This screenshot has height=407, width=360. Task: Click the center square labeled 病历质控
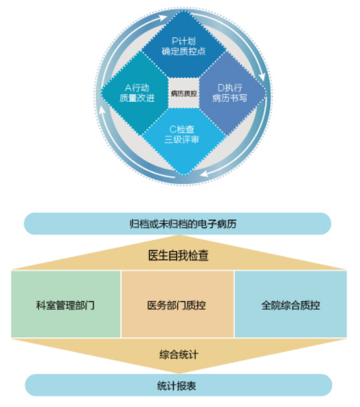[184, 93]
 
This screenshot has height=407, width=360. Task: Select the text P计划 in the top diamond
[184, 41]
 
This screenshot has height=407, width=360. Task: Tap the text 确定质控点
[184, 51]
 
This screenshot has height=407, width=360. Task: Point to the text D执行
[230, 88]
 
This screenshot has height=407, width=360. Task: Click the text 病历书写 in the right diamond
[230, 98]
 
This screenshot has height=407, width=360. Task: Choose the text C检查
[182, 130]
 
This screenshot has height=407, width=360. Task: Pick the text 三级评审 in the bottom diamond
[182, 139]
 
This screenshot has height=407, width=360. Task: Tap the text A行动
[137, 88]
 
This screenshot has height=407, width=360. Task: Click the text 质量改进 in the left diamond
[137, 98]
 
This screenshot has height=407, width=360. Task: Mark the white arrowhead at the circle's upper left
[163, 18]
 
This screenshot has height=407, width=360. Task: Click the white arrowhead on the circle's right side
[262, 77]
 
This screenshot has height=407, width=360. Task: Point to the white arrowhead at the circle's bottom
[204, 173]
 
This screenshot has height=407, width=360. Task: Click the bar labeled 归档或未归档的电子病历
[178, 224]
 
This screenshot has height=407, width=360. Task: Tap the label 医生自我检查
[178, 255]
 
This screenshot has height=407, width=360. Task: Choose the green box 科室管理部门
[66, 304]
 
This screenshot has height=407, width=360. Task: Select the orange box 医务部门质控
[178, 304]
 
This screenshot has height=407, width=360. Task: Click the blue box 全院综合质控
[291, 304]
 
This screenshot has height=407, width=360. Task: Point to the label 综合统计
[179, 354]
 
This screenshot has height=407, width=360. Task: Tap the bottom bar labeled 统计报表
[178, 385]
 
